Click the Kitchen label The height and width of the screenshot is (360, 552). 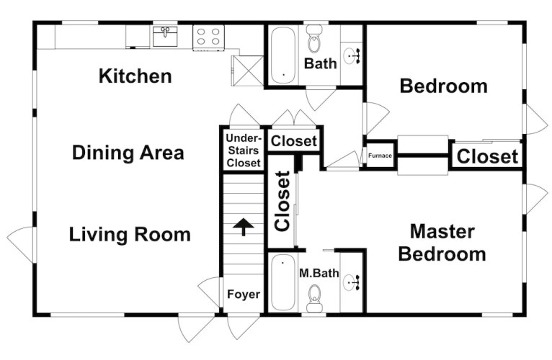[135, 76]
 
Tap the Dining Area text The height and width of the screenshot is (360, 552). [128, 153]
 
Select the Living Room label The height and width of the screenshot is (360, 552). [130, 235]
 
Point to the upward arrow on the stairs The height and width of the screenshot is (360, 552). [244, 227]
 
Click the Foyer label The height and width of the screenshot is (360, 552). [244, 294]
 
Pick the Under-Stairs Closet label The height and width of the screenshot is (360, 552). [244, 150]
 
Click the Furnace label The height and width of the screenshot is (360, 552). [380, 156]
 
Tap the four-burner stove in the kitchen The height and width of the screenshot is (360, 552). [208, 37]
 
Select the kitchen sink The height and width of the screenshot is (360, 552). [165, 36]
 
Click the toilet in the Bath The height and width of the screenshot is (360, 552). [314, 39]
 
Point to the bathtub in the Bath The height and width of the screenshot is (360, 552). [283, 55]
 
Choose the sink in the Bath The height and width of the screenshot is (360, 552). [352, 56]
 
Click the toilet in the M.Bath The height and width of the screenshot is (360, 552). [314, 298]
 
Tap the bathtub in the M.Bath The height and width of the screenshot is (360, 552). [283, 282]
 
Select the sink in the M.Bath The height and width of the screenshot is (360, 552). [352, 282]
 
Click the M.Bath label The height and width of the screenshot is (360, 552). [319, 273]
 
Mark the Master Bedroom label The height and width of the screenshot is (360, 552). [442, 243]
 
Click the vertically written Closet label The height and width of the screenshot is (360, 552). [282, 202]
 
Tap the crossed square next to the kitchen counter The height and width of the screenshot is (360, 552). [247, 71]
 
